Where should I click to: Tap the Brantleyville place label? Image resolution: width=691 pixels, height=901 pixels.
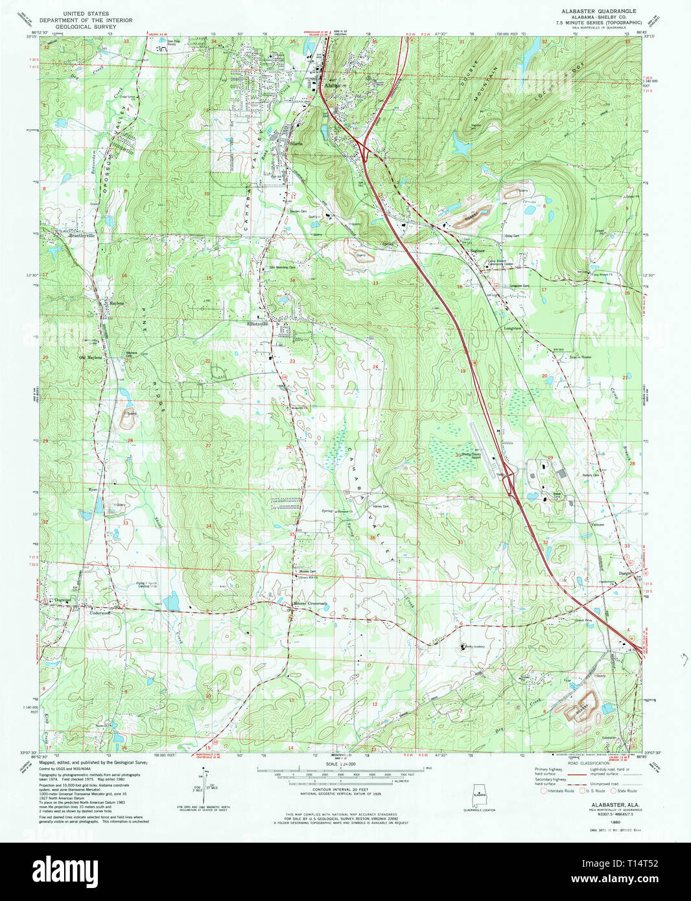82,236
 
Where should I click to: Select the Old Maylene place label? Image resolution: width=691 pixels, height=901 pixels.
91,357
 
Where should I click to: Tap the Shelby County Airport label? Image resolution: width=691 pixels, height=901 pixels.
471,455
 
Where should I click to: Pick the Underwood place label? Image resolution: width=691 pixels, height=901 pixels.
100,612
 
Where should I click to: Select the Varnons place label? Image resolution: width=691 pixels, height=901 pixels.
597,524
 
